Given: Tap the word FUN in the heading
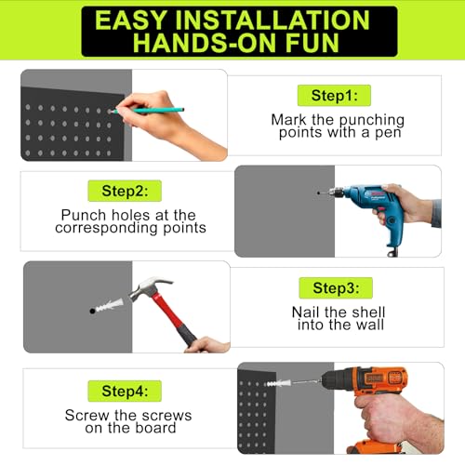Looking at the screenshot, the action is coord(312,42).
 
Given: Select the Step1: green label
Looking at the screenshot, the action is coord(334,96).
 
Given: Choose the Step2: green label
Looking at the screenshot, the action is coord(125,191).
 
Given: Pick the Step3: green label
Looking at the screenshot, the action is coord(336,288).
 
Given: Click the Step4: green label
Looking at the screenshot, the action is coord(125,391).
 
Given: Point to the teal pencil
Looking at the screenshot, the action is coord(148,110).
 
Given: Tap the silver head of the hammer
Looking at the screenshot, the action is coord(149,287).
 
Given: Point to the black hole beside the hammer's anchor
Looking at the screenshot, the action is coord(92,311).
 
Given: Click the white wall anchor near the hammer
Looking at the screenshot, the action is coord(110,305).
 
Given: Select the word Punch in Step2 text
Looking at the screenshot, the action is coord(84,215).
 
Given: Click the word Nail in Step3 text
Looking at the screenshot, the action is coord(305,312).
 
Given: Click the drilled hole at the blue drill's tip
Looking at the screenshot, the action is coord(319,193).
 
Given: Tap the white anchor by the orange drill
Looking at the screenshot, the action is coord(278,383).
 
